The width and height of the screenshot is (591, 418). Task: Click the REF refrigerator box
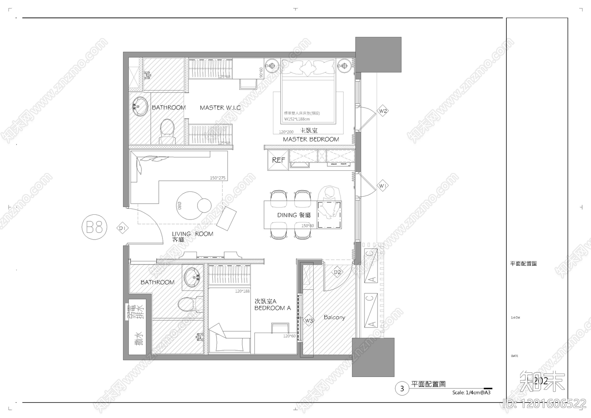278,160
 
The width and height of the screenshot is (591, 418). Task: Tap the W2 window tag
383,111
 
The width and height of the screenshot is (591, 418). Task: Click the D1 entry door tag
123,228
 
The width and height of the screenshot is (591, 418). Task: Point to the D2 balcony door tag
337,272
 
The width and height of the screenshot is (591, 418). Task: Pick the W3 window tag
309,320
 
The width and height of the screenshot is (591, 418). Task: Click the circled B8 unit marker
95,227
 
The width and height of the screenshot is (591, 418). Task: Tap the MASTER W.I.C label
220,108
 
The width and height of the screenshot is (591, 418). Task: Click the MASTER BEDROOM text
311,139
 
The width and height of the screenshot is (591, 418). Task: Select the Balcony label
334,317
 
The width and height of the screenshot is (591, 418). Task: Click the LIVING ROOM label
192,234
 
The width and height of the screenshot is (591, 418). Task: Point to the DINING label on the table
287,215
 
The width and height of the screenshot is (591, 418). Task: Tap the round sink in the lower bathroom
193,277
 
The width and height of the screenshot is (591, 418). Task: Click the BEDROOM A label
272,308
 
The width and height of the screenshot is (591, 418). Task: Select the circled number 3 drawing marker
402,388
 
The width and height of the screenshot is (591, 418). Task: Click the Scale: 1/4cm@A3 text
471,392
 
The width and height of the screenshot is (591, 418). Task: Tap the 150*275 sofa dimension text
217,178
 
